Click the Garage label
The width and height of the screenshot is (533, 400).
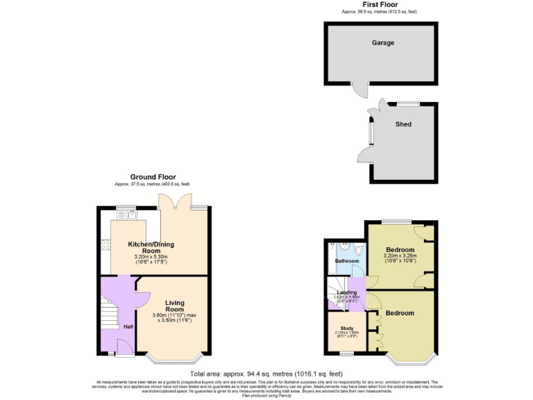click(x=382, y=43)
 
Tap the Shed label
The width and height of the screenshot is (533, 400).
click(x=403, y=124)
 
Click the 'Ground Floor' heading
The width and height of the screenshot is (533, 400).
click(x=151, y=177)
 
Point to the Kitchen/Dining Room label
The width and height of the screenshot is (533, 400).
click(x=151, y=248)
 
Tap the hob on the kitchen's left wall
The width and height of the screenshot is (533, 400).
click(x=105, y=244)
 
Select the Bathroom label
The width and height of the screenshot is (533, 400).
click(x=347, y=261)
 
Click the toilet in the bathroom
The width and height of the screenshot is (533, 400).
click(x=357, y=249)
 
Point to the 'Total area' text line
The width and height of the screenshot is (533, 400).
click(x=266, y=374)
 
